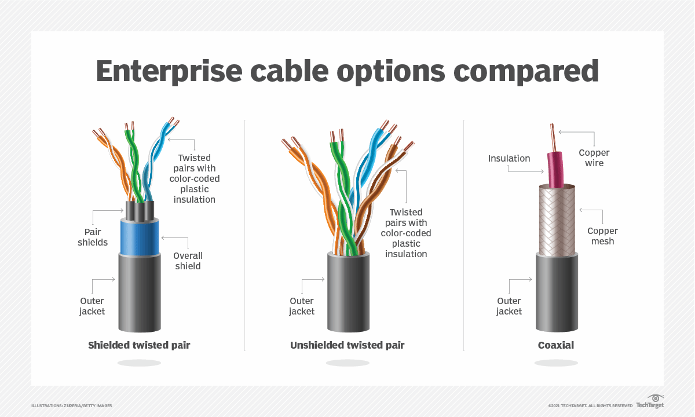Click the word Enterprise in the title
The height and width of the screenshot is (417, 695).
pos(169,72)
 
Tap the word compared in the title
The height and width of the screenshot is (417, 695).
pos(526,72)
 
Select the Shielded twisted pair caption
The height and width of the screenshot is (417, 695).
pos(139,345)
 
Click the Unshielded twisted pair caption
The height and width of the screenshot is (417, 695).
pos(347,345)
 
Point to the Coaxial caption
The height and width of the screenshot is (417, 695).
pos(555,345)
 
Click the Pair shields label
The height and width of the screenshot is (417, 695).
pos(93,237)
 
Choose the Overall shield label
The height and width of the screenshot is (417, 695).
pos(188,261)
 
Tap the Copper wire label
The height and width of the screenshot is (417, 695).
pos(594,158)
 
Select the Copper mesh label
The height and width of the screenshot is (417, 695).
pos(602,236)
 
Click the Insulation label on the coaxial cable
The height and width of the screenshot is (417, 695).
pos(509,159)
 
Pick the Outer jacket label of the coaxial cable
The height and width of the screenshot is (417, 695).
pos(509,306)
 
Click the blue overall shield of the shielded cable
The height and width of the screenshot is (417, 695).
pos(140,237)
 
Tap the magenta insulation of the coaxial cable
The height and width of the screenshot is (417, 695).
pos(555,170)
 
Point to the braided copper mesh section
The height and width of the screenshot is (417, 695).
pos(557,220)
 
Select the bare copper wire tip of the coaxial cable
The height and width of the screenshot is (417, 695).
pos(553,137)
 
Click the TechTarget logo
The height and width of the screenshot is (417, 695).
pos(650,401)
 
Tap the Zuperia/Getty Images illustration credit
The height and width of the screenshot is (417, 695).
pos(72,405)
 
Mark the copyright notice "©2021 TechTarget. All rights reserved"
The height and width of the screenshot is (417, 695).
pos(590,405)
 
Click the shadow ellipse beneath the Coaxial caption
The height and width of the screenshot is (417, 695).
pos(555,363)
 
